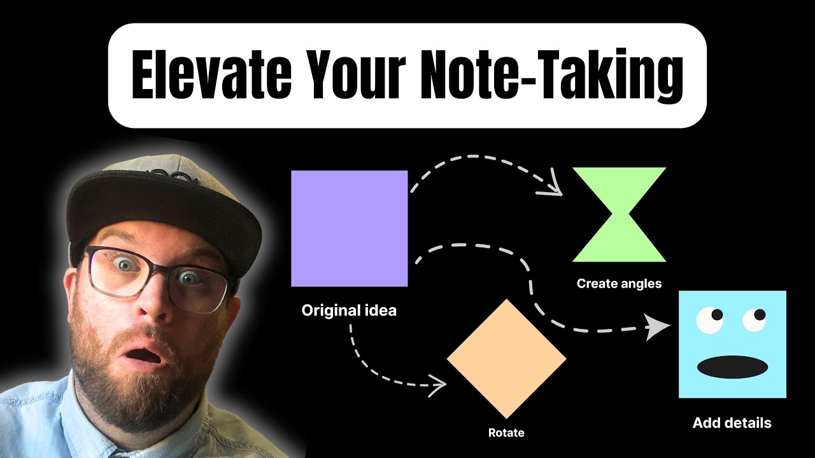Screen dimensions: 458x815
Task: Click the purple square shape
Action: pyautogui.click(x=349, y=228)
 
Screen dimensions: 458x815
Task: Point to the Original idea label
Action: pyautogui.click(x=349, y=311)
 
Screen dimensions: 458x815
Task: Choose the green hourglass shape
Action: pyautogui.click(x=619, y=214)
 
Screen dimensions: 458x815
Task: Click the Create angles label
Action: pyautogui.click(x=619, y=284)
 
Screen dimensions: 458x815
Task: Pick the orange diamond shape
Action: pyautogui.click(x=506, y=358)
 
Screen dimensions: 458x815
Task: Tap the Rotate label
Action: pyautogui.click(x=506, y=433)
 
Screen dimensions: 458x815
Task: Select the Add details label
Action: pyautogui.click(x=732, y=423)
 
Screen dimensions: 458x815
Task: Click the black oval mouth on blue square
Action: pyautogui.click(x=732, y=366)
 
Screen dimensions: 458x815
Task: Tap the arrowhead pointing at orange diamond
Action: pyautogui.click(x=439, y=384)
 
